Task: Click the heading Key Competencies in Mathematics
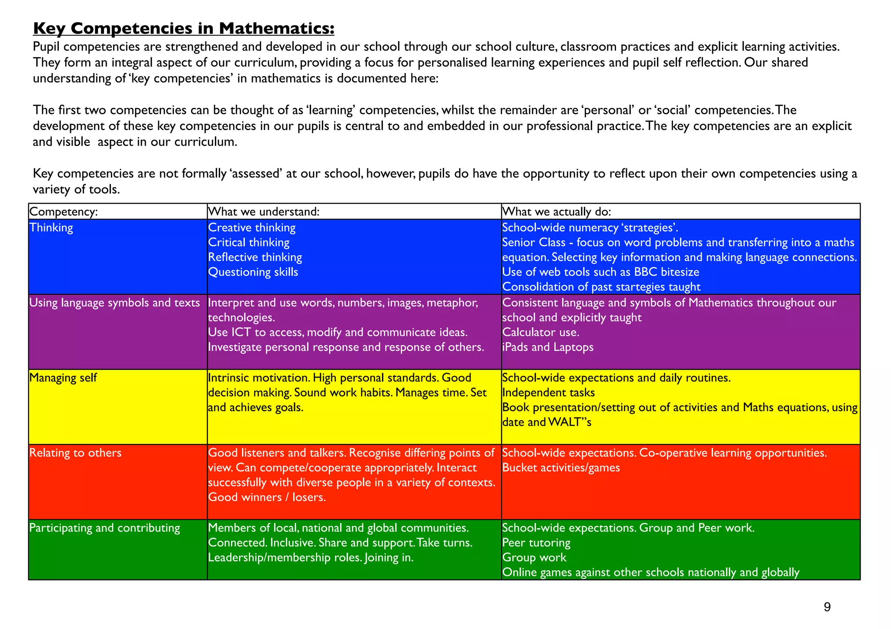[184, 29]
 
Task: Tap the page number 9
[827, 607]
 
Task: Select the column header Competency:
[64, 212]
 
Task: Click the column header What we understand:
[264, 212]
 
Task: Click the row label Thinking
[51, 228]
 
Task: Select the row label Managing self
[63, 378]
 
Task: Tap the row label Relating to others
[75, 453]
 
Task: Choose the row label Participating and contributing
[104, 528]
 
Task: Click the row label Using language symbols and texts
[114, 303]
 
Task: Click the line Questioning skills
[253, 272]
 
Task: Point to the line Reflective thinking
[255, 257]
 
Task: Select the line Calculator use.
[540, 333]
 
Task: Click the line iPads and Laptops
[548, 347]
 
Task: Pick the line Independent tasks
[548, 393]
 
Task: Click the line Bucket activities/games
[561, 468]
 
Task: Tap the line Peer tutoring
[536, 543]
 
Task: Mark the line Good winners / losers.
[267, 497]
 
